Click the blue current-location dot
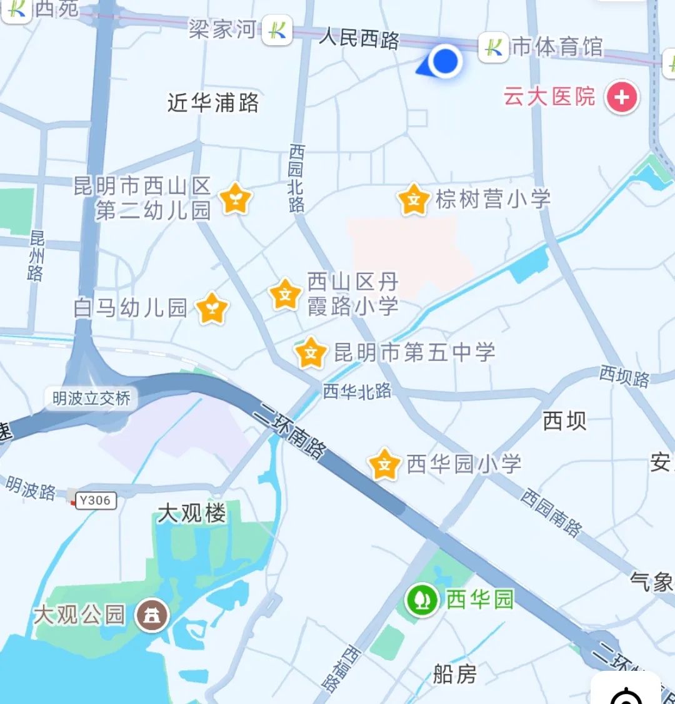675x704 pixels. tap(445, 61)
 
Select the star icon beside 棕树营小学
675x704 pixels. tap(414, 200)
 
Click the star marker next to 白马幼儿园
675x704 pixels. tap(212, 309)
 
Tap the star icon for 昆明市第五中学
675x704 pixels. tap(311, 353)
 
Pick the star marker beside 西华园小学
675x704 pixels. tap(384, 464)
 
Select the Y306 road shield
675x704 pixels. tap(96, 500)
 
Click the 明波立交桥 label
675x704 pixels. tap(91, 399)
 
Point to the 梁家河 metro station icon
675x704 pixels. tap(277, 30)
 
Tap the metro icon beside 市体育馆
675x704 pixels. tap(493, 48)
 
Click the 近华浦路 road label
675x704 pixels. tap(213, 103)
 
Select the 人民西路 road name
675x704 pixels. tap(359, 38)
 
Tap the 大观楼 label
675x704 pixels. tap(191, 514)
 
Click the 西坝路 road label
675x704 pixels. tap(624, 377)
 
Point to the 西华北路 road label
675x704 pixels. tap(357, 392)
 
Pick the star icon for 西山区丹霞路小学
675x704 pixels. tap(285, 294)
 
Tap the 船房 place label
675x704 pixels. tap(454, 674)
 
